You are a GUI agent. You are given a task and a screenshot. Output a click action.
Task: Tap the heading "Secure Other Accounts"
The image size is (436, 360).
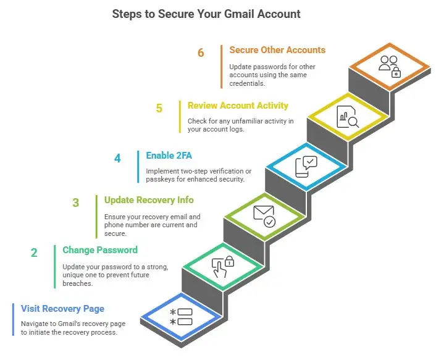277,50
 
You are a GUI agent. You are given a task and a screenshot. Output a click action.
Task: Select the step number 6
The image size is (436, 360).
201,53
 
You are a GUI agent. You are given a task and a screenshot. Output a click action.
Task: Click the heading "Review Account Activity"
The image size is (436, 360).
238,106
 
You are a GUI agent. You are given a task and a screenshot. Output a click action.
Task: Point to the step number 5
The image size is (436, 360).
159,109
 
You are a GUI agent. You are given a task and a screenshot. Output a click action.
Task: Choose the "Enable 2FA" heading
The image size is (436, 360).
169,156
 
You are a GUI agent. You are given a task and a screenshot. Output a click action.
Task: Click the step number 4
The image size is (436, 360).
117,159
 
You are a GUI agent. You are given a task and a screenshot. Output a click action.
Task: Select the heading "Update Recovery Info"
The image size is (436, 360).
149,200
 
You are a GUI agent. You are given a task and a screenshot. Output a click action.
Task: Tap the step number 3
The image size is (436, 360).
76,203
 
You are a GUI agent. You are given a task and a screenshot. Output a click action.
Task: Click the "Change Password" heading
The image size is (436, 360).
100,250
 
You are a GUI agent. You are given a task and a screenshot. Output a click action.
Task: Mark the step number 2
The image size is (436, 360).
35,253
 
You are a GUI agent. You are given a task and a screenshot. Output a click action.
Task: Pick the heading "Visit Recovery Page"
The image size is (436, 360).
62,308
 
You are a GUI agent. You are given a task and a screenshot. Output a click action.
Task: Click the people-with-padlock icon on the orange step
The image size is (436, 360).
389,66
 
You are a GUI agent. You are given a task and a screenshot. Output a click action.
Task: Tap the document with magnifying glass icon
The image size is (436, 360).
348,117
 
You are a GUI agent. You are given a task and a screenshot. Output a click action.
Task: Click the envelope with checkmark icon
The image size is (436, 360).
264,216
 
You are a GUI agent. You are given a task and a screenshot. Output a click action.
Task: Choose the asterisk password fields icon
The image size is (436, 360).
181,317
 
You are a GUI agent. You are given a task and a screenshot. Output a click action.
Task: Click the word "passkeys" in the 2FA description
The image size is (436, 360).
164,179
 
